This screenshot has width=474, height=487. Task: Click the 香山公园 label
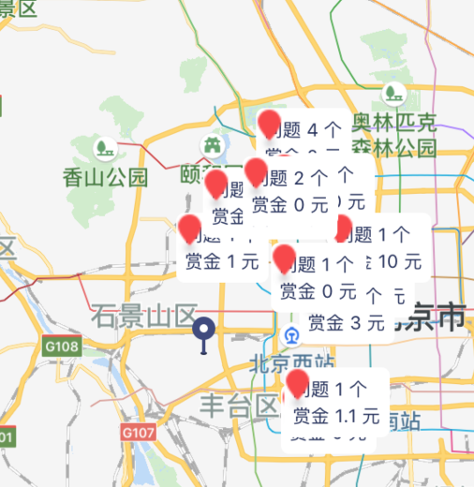(106, 177)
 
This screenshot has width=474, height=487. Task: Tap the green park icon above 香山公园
(104, 148)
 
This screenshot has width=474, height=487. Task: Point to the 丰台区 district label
(240, 405)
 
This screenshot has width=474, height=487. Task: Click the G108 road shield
(61, 347)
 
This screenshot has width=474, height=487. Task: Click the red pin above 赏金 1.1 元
(300, 383)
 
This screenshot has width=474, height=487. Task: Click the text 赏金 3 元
(347, 323)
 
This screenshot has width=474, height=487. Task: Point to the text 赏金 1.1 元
(336, 415)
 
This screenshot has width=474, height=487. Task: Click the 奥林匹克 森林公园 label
(393, 134)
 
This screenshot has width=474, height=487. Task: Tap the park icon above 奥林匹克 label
(393, 94)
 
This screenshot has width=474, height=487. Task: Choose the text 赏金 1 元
(222, 261)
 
